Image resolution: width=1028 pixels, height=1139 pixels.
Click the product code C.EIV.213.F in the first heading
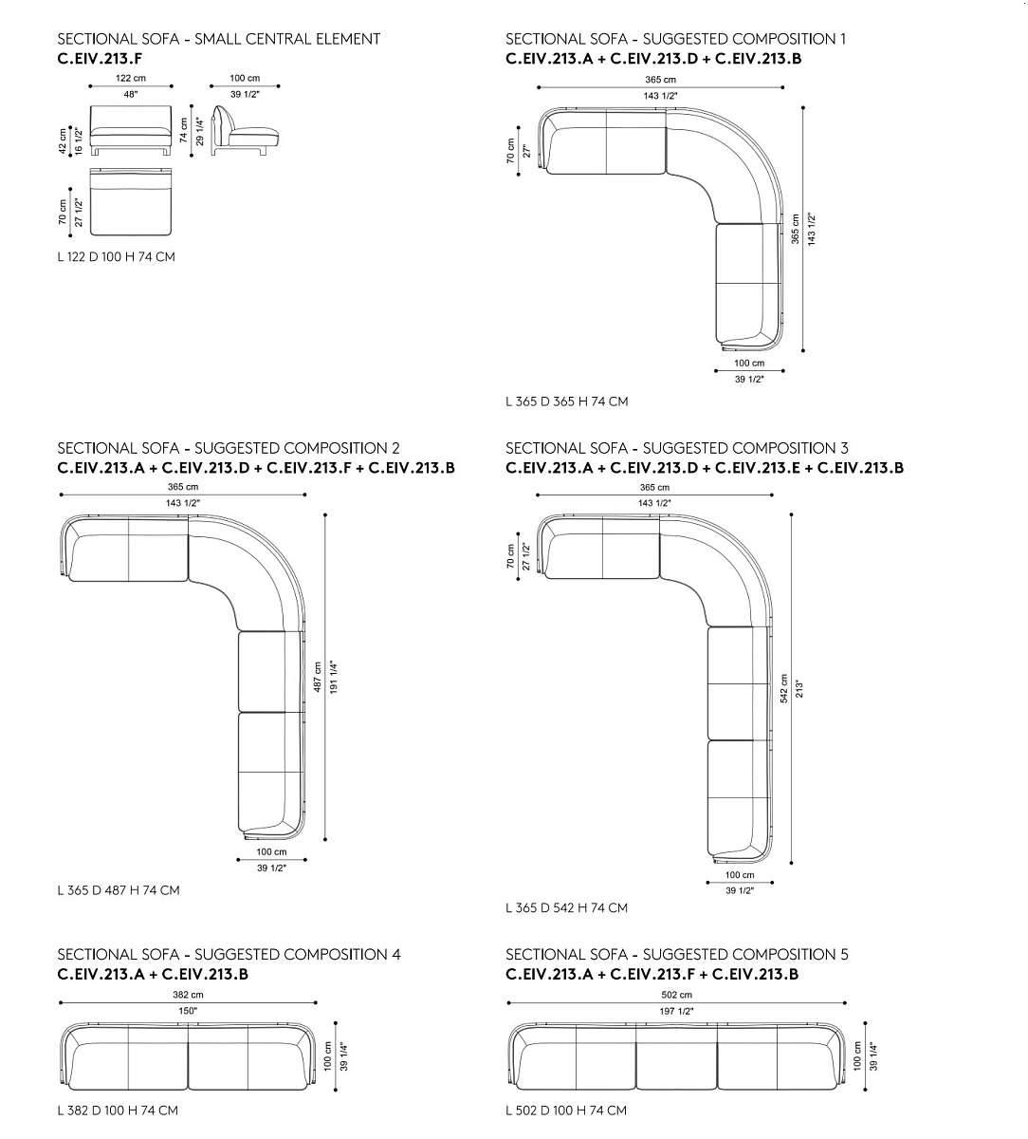(x=100, y=59)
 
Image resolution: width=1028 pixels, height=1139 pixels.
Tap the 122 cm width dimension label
(x=131, y=79)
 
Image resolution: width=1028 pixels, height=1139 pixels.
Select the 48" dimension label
(x=131, y=94)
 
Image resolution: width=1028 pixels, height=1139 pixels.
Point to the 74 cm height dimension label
(x=184, y=130)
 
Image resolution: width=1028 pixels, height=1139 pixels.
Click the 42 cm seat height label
(x=63, y=140)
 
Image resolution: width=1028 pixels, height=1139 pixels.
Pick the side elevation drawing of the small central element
(x=245, y=131)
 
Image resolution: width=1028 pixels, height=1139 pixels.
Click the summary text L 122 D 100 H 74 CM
(x=117, y=257)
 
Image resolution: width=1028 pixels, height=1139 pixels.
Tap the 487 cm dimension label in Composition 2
(x=318, y=677)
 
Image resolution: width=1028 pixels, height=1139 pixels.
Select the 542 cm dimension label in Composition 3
(x=784, y=689)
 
